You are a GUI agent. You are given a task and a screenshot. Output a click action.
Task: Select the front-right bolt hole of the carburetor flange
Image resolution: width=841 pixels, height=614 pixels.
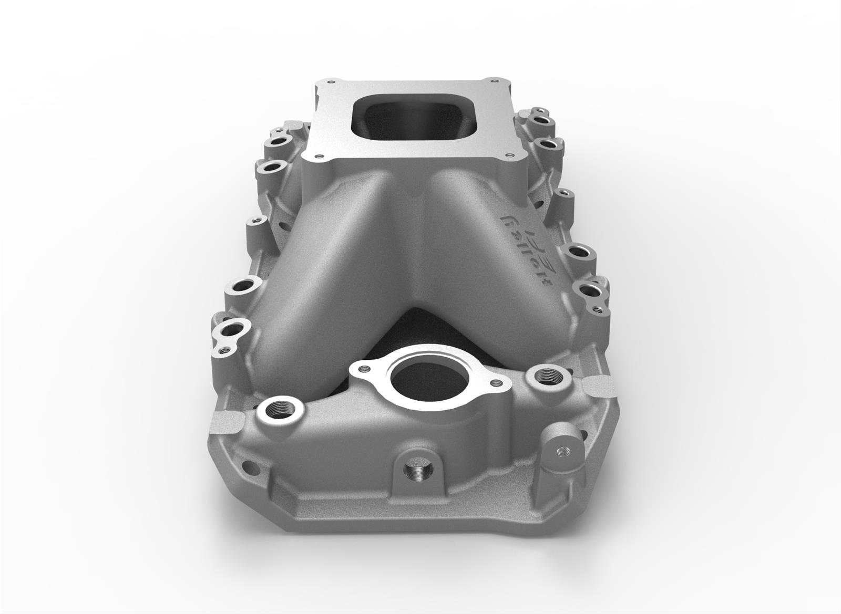click(x=509, y=155)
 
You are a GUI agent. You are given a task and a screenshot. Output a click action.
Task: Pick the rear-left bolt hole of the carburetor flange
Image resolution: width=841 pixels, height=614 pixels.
click(x=330, y=82)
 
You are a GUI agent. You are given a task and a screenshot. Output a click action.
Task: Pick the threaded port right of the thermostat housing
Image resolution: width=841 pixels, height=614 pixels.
click(x=541, y=376)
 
